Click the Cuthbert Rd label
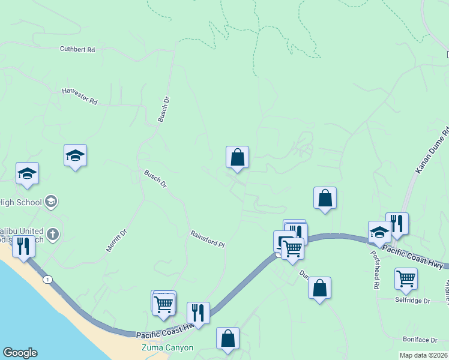[x=77, y=50]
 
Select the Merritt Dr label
[x=116, y=240]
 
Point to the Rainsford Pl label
[x=207, y=239]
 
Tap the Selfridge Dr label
[x=412, y=300]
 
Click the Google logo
[x=20, y=353]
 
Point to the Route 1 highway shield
[x=47, y=279]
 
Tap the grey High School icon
[x=51, y=201]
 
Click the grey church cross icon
[x=53, y=233]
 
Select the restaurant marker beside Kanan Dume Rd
[x=397, y=224]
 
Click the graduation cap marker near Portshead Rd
[x=379, y=232]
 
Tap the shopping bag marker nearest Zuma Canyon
[x=228, y=338]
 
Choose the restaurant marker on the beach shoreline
[x=23, y=246]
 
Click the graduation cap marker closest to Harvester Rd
[x=76, y=155]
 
